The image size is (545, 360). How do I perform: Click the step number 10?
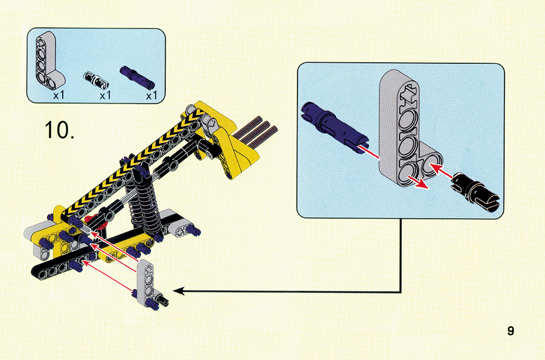pos(59,130)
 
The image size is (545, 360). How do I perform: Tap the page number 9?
pos(510,331)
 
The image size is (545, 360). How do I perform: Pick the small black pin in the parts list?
pos(96,79)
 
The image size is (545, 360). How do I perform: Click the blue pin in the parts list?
pos(137,76)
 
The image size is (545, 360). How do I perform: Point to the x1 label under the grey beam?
pos(59,95)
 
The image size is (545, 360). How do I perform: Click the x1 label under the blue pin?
pos(152,95)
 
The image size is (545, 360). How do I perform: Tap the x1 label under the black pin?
pos(105,95)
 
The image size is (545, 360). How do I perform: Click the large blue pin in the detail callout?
pos(333,127)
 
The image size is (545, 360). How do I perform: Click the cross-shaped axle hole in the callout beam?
pos(408,94)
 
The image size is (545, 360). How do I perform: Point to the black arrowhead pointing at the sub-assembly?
pos(178,291)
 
